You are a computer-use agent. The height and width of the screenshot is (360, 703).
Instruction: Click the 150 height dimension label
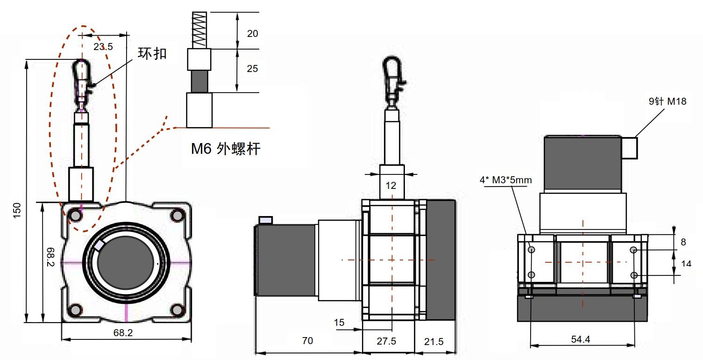(17, 210)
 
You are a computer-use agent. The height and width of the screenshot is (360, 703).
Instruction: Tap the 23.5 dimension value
(103, 47)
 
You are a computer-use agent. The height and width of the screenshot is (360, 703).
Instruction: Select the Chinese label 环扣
(152, 53)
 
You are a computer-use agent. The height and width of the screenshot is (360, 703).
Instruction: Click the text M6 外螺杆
(226, 149)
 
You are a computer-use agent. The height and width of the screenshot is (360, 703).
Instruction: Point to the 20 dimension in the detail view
(252, 34)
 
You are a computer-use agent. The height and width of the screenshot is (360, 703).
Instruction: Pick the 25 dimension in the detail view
(252, 68)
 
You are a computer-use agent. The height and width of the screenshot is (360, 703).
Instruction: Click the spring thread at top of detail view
(199, 30)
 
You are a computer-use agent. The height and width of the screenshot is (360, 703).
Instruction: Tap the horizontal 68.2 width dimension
(123, 333)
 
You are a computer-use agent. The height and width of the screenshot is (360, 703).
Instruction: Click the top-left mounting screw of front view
(76, 216)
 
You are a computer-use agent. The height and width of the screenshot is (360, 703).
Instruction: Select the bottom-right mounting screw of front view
(178, 310)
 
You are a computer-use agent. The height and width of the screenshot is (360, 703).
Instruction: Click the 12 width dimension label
(391, 186)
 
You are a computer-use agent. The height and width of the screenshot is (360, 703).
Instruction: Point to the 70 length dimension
(307, 340)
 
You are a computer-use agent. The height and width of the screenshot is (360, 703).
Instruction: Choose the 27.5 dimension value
(386, 341)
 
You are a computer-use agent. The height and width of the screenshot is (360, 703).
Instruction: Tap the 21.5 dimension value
(434, 341)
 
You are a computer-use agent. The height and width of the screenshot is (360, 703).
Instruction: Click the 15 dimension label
(339, 322)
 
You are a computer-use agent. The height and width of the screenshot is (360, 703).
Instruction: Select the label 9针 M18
(667, 101)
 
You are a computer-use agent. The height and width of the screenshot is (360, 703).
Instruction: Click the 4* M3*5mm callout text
(505, 180)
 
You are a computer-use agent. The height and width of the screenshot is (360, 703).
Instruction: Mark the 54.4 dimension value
(580, 339)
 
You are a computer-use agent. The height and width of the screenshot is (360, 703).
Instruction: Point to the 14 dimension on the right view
(686, 264)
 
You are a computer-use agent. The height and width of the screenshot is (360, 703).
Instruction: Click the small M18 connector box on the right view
(630, 148)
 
